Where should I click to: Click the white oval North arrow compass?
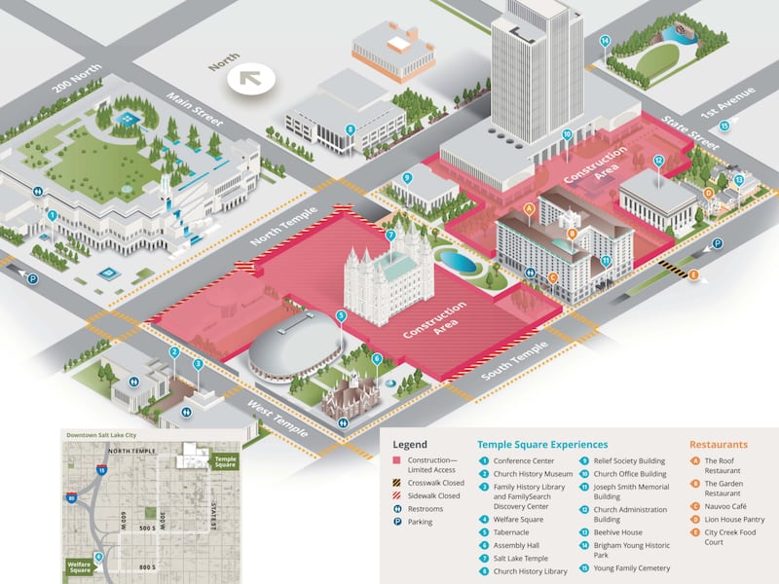tap(246, 76)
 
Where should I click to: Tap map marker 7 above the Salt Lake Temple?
tap(390, 235)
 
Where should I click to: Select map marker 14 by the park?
tap(605, 41)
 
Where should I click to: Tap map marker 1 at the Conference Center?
tap(52, 214)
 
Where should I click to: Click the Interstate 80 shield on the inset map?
tap(72, 498)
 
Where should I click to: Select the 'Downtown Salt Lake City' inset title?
tap(101, 434)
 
